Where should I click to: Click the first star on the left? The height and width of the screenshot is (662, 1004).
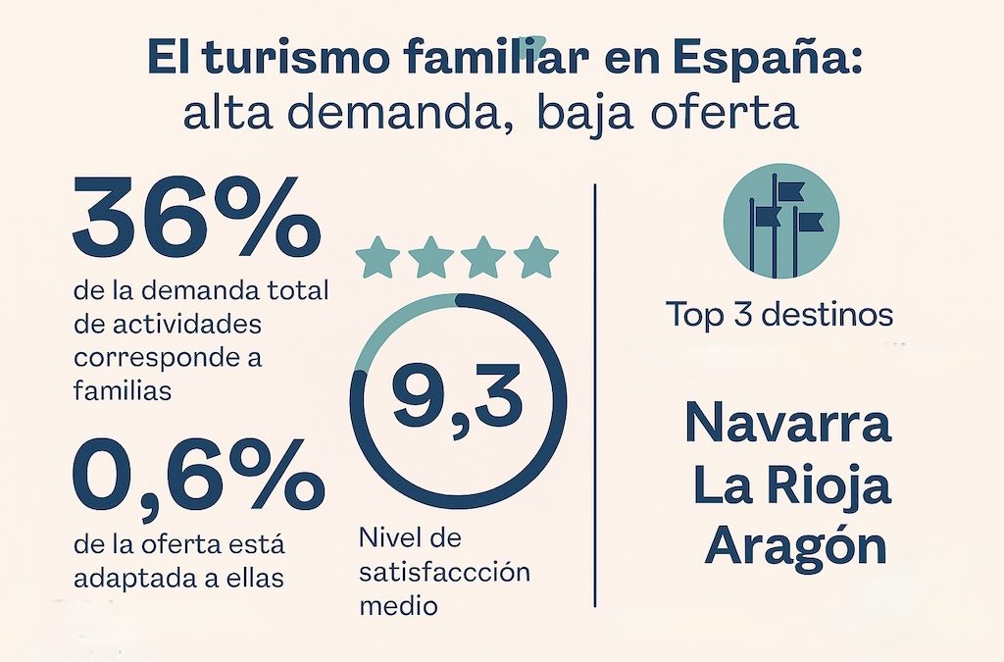pyautogui.click(x=378, y=257)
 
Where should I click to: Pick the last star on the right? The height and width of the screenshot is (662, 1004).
pyautogui.click(x=535, y=257)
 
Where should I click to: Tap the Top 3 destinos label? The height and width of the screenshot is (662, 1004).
pyautogui.click(x=779, y=316)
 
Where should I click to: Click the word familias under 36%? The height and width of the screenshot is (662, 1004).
pyautogui.click(x=122, y=390)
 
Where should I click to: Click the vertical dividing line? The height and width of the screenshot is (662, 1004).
pyautogui.click(x=595, y=392)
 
